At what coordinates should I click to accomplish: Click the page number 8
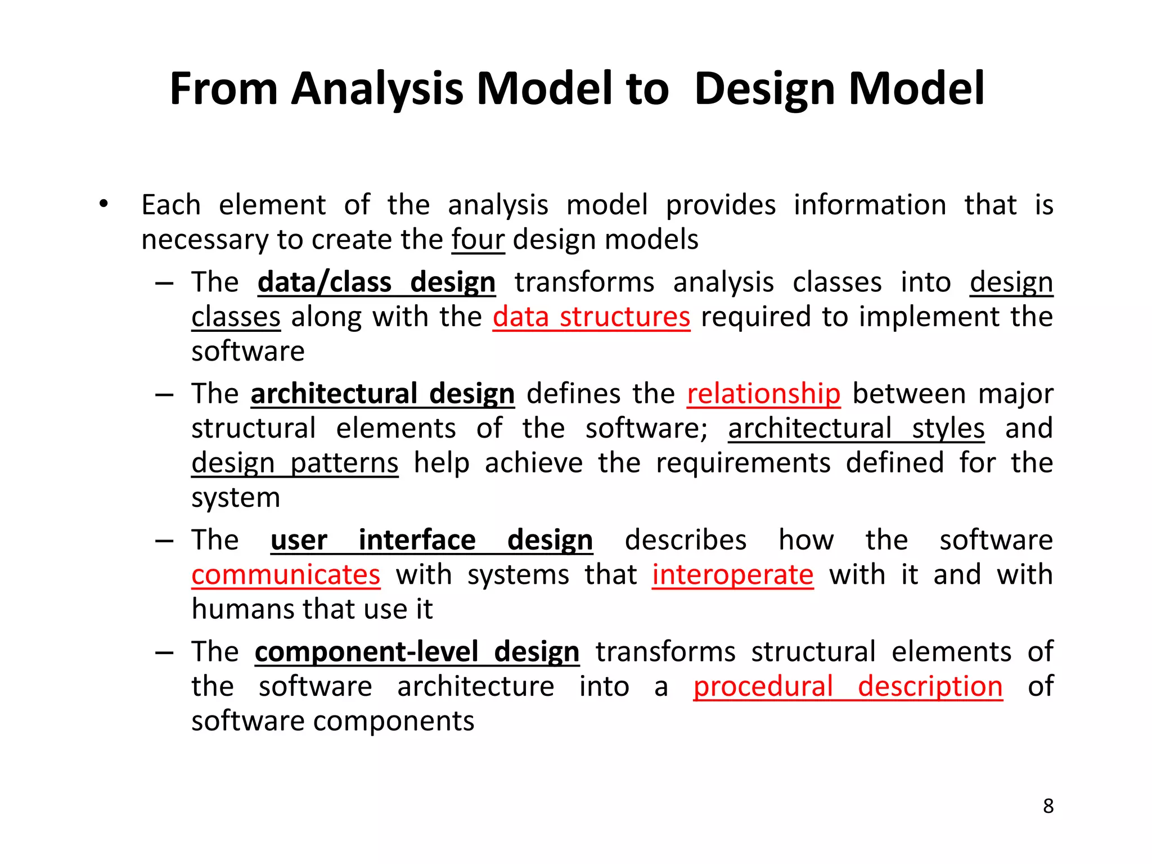[x=1048, y=806]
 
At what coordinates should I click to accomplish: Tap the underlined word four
[x=478, y=240]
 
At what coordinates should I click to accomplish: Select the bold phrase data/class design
[x=376, y=282]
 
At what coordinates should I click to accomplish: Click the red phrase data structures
[x=591, y=317]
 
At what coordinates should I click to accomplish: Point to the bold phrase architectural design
[x=382, y=394]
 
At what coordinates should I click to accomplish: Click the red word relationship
[x=763, y=394]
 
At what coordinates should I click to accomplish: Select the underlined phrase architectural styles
[x=856, y=429]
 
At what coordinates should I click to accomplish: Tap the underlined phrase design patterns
[x=295, y=463]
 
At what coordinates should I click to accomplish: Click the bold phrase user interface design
[x=431, y=541]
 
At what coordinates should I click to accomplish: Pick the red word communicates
[x=286, y=575]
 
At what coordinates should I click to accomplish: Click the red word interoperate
[x=732, y=575]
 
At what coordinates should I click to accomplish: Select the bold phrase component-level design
[x=417, y=652]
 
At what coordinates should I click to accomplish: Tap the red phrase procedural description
[x=848, y=687]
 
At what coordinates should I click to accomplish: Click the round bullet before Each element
[x=103, y=205]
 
